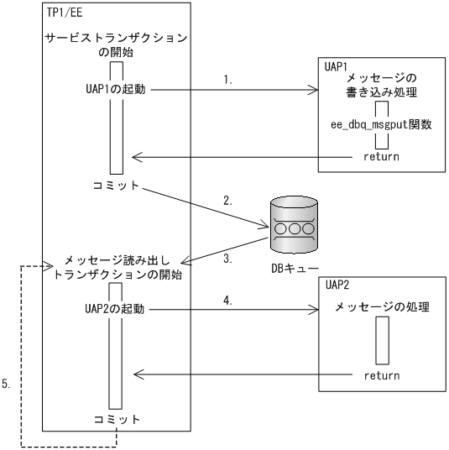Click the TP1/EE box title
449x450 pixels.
(65, 14)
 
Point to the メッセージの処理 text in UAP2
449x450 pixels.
(382, 308)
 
